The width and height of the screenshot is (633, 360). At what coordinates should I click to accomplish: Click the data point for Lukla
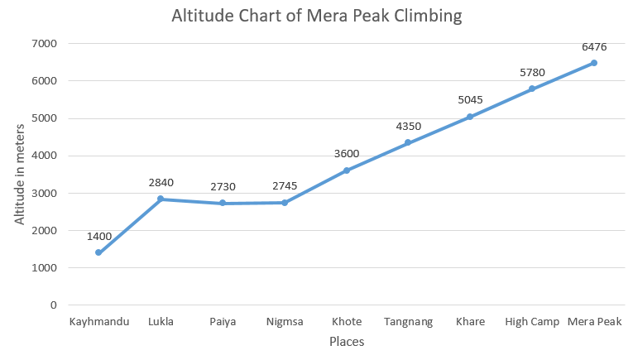(161, 199)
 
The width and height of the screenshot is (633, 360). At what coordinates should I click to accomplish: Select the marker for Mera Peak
(594, 63)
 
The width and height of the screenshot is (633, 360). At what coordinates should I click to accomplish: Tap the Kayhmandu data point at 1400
(98, 252)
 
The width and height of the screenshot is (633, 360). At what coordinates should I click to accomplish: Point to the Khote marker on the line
(347, 170)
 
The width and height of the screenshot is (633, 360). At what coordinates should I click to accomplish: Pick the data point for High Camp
(532, 89)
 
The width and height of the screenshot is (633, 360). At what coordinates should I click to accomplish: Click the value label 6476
(594, 47)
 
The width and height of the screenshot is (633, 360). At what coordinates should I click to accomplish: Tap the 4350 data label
(408, 126)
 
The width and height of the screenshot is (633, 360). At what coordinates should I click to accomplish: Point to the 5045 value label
(470, 100)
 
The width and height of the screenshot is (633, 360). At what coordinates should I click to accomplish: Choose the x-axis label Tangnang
(408, 322)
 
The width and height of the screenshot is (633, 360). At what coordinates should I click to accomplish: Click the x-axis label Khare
(470, 322)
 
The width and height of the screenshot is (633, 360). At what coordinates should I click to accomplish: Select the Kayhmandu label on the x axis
(98, 322)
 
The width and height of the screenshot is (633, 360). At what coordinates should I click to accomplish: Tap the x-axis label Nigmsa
(285, 322)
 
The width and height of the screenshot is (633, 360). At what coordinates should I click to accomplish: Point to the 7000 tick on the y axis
(44, 43)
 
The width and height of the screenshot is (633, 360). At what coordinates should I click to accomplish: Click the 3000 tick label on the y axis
(44, 193)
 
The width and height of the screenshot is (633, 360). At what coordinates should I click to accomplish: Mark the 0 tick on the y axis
(53, 305)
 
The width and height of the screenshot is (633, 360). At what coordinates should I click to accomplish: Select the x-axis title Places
(347, 341)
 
